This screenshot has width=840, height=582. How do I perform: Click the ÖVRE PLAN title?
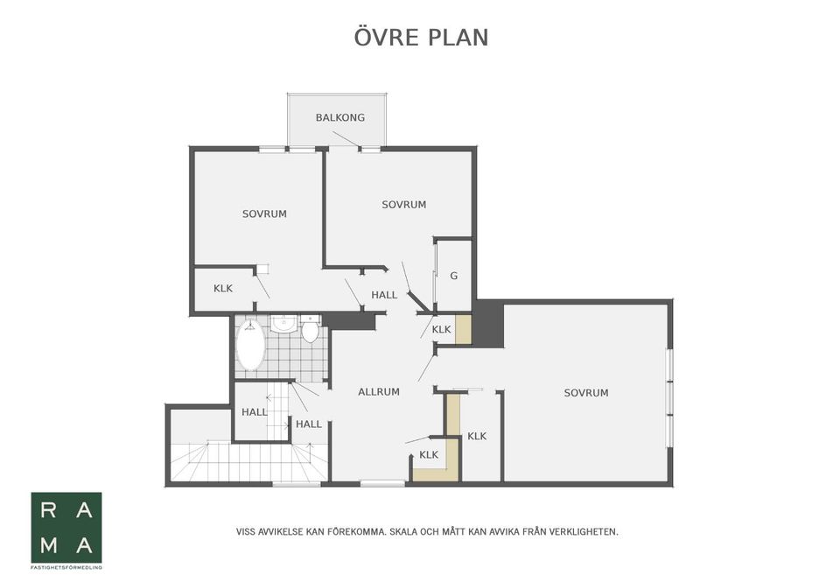[421, 38]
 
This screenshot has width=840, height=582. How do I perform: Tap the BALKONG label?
[340, 117]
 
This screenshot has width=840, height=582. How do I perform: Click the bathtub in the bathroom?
[250, 347]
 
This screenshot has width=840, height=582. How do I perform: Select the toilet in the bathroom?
[310, 330]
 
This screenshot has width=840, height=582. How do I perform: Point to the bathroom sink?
[283, 325]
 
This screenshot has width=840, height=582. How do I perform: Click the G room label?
[453, 276]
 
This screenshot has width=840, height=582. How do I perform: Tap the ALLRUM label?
[379, 392]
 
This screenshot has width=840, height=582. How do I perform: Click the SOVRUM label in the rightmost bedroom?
[585, 393]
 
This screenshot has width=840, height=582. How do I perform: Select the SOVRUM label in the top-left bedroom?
[264, 214]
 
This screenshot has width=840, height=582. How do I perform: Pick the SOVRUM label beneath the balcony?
[403, 205]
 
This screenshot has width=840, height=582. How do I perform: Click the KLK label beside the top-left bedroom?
[223, 288]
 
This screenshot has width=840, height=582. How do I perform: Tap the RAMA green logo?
[66, 528]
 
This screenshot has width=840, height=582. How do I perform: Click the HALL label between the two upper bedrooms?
[384, 295]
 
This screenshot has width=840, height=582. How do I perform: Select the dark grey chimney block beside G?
[488, 324]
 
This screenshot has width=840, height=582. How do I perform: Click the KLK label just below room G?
[441, 329]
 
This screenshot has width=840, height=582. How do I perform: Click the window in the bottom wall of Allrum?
[382, 483]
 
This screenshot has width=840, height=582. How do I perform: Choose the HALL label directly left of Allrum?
[309, 424]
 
